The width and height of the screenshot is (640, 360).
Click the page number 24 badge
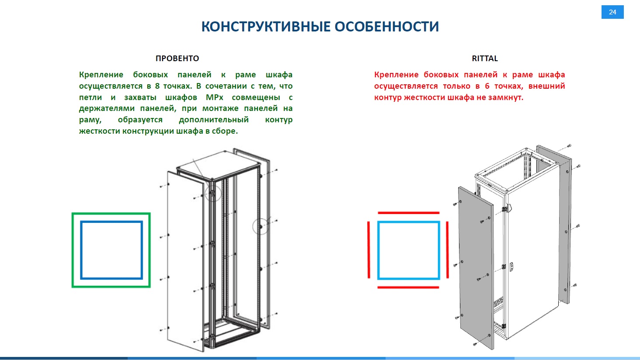tap(612, 12)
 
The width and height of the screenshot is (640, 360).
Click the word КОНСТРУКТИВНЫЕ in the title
tap(265, 27)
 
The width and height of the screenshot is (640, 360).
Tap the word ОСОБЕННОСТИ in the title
tap(386, 27)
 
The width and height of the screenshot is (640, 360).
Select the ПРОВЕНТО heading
tap(177, 58)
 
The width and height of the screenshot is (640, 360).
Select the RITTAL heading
tap(484, 58)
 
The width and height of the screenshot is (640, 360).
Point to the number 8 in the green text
tap(157, 86)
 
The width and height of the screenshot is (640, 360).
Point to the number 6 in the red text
tap(487, 86)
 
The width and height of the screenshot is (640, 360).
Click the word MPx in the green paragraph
tap(214, 97)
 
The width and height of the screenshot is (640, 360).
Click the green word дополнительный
tap(214, 120)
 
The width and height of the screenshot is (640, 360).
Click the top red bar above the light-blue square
tap(408, 213)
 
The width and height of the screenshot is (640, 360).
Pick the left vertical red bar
tap(369, 249)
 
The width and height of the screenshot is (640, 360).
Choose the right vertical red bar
tap(447, 249)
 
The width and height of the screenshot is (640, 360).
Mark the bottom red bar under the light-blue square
tap(408, 287)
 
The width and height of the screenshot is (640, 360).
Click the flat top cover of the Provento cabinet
tap(219, 166)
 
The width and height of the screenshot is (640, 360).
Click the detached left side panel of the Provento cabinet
tap(186, 261)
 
